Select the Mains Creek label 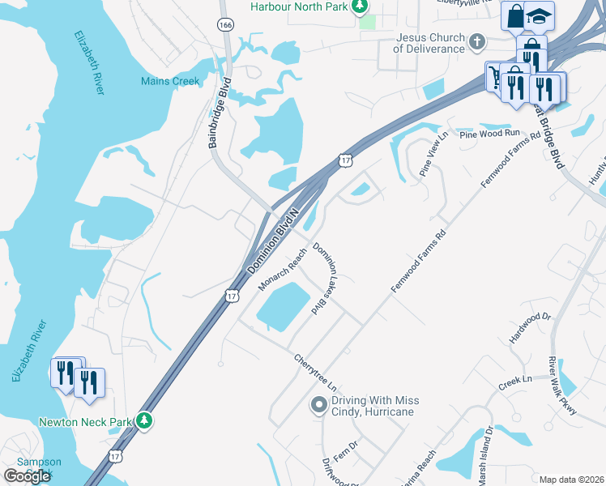[x=170, y=81]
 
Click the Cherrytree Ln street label [x=314, y=373]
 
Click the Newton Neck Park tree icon [x=144, y=421]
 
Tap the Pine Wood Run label [x=489, y=133]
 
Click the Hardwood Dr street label [x=530, y=328]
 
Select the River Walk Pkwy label [x=562, y=386]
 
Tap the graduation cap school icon [x=539, y=16]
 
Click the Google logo [x=28, y=476]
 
